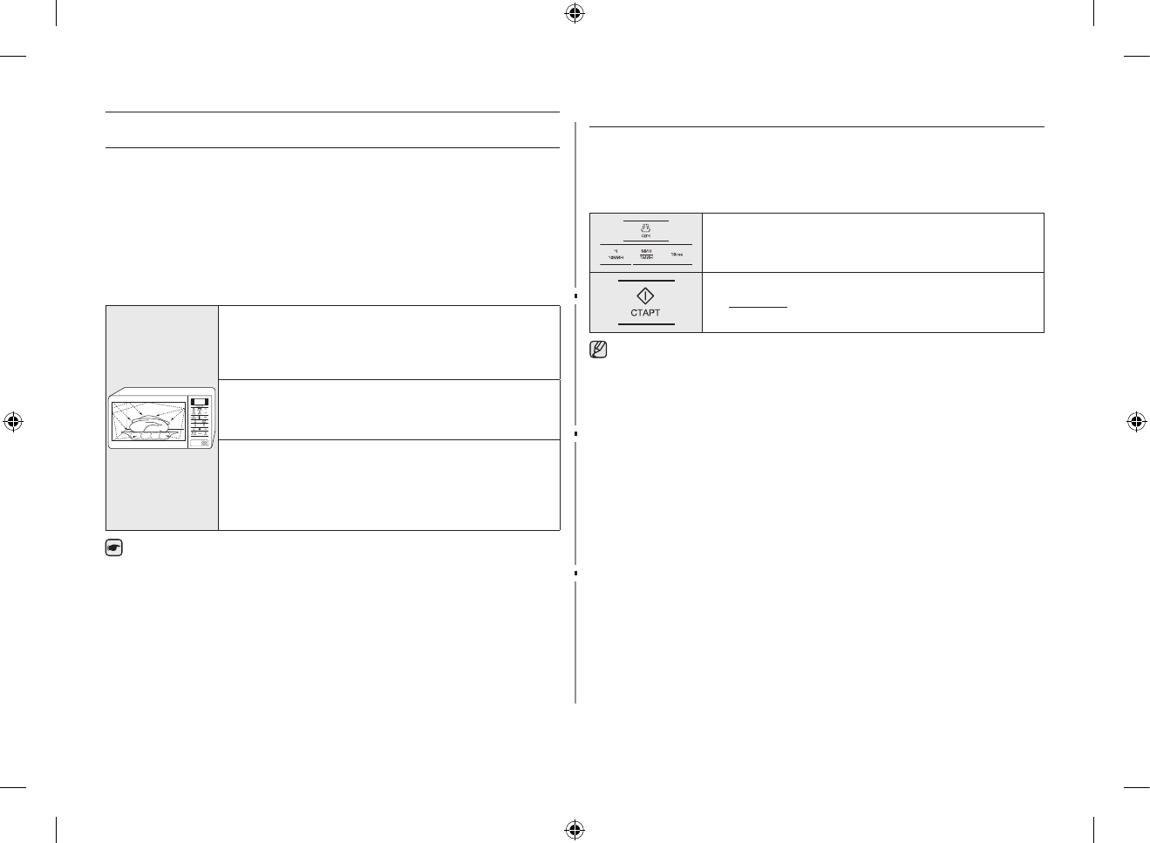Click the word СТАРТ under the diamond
pyautogui.click(x=645, y=313)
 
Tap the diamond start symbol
pyautogui.click(x=645, y=296)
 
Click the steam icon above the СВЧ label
pyautogui.click(x=645, y=228)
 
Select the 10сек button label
pyautogui.click(x=677, y=255)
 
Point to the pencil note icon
pyautogui.click(x=598, y=350)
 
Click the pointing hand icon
pyautogui.click(x=114, y=548)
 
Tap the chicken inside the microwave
pyautogui.click(x=151, y=423)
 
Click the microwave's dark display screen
pyautogui.click(x=199, y=403)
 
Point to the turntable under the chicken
pyautogui.click(x=150, y=436)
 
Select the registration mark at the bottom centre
pyautogui.click(x=574, y=828)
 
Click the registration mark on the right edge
pyautogui.click(x=1135, y=422)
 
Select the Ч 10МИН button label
pyautogui.click(x=616, y=255)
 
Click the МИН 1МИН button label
pyautogui.click(x=646, y=255)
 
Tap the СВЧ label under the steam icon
pyautogui.click(x=645, y=236)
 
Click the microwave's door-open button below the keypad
pyautogui.click(x=204, y=444)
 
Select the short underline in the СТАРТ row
pyautogui.click(x=758, y=307)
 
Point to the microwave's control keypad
pyautogui.click(x=200, y=423)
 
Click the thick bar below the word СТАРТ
pyautogui.click(x=645, y=324)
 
